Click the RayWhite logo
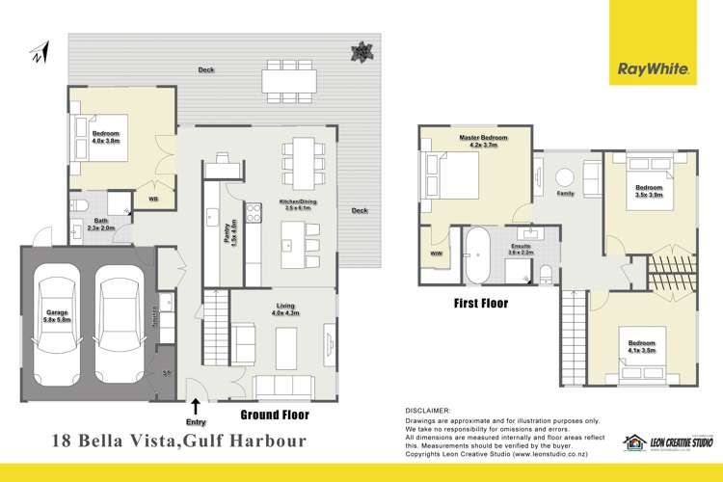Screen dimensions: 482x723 [652, 69]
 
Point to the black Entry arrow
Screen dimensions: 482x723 [197, 407]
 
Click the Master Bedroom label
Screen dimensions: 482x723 [478, 140]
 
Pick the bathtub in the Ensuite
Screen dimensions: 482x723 [476, 256]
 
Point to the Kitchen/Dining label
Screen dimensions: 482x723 [298, 202]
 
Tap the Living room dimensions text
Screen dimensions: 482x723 [286, 315]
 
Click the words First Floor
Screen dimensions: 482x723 [480, 303]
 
